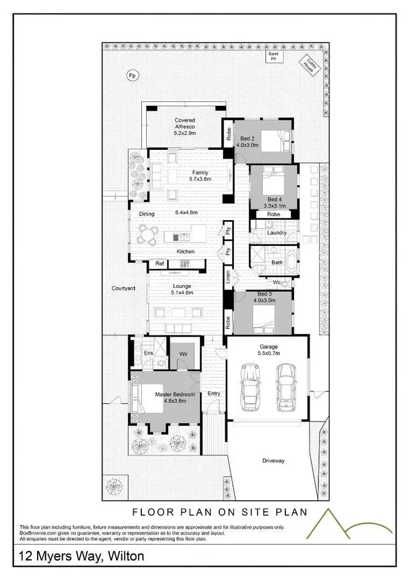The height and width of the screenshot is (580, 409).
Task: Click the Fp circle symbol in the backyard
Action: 131,75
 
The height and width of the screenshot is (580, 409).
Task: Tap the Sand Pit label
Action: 272,56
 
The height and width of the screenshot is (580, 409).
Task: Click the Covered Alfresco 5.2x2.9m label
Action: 185,126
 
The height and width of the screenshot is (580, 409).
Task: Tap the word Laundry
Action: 276,233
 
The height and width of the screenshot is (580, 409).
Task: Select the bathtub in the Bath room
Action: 293,258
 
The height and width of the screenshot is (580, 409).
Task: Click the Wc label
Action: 276,282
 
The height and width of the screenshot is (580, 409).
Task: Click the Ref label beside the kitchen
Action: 159,264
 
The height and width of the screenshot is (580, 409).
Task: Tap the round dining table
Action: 147,235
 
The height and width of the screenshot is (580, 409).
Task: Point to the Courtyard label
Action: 123,288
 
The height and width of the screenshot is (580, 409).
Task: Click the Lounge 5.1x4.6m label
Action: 182,289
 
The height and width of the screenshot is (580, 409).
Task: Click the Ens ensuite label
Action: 148,353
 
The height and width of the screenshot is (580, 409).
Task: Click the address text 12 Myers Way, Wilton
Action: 82,556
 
